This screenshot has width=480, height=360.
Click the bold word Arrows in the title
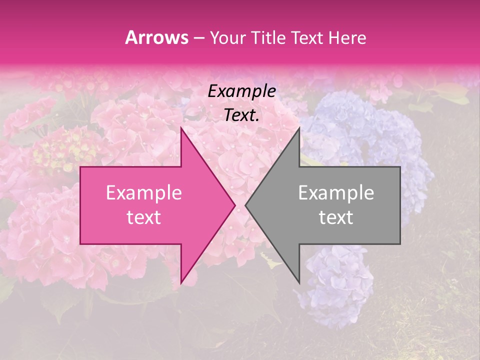157,37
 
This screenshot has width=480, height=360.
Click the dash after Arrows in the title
198,38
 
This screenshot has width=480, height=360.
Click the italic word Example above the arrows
241,91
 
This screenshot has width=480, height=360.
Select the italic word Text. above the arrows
241,115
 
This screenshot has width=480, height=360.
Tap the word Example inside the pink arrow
144,193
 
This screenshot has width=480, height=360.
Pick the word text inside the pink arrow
144,217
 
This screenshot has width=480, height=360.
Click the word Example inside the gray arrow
336,193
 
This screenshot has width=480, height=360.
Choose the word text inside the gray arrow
336,217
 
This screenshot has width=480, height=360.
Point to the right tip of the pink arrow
234,205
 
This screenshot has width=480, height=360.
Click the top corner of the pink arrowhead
181,129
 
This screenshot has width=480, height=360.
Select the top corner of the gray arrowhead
299,129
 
